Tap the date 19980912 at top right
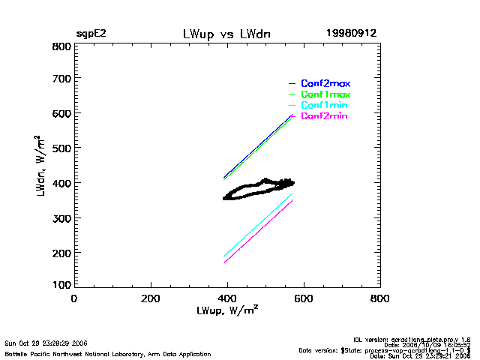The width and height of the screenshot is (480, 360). coord(351,34)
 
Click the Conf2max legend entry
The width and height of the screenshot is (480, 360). coord(325,83)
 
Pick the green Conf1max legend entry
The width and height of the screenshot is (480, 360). coord(325,94)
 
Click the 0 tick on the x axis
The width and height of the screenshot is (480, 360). coord(73,298)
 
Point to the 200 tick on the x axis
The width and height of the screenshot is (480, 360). coord(151,298)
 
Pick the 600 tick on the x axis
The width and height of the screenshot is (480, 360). coord(303,298)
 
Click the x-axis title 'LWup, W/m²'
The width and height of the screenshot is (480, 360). coord(227,310)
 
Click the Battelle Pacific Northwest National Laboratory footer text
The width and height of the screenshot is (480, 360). coord(108,353)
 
